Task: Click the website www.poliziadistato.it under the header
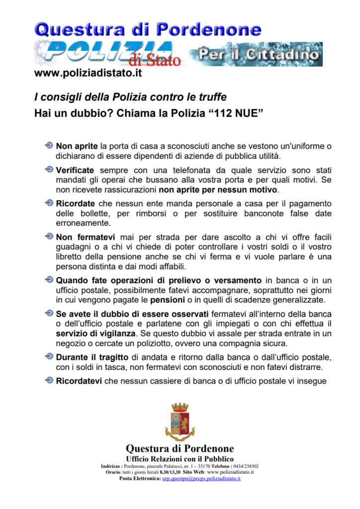click(x=88, y=73)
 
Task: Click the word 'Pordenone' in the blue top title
click(x=209, y=29)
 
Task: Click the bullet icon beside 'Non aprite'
click(x=49, y=146)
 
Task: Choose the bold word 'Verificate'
click(x=75, y=170)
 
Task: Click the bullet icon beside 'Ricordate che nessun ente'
click(x=49, y=204)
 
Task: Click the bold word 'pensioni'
click(x=167, y=300)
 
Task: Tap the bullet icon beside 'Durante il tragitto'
click(x=49, y=357)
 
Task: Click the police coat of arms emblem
click(x=180, y=422)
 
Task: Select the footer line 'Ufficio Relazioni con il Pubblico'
click(x=180, y=458)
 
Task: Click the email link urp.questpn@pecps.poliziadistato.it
click(x=201, y=478)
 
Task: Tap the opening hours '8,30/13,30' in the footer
click(x=167, y=472)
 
